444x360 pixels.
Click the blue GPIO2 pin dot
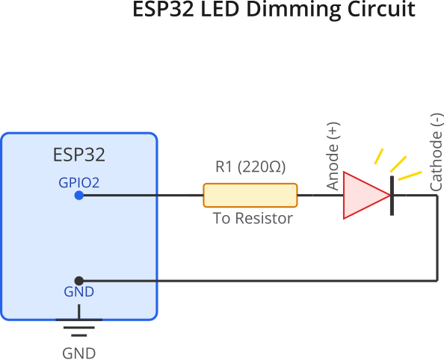tap(79, 195)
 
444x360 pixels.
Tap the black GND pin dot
tap(79, 281)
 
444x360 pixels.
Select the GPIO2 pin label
tap(79, 183)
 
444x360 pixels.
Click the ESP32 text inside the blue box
tap(79, 155)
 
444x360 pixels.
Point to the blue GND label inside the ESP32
tap(79, 292)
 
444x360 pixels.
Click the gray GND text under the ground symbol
tap(79, 353)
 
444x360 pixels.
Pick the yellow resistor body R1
tap(250, 195)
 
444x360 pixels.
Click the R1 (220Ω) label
tap(250, 167)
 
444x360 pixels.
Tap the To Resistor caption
tap(253, 218)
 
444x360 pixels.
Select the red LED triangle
tap(366, 195)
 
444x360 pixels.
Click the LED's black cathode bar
tap(392, 196)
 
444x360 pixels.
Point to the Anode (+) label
tap(333, 156)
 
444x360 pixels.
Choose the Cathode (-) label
tap(437, 152)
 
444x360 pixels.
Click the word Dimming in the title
tap(293, 10)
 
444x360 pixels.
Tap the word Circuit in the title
tap(381, 9)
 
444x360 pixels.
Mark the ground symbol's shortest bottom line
tap(79, 335)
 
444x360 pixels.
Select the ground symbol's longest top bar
tap(79, 320)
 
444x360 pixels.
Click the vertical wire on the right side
tap(437, 238)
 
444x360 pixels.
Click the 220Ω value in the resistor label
tap(262, 167)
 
